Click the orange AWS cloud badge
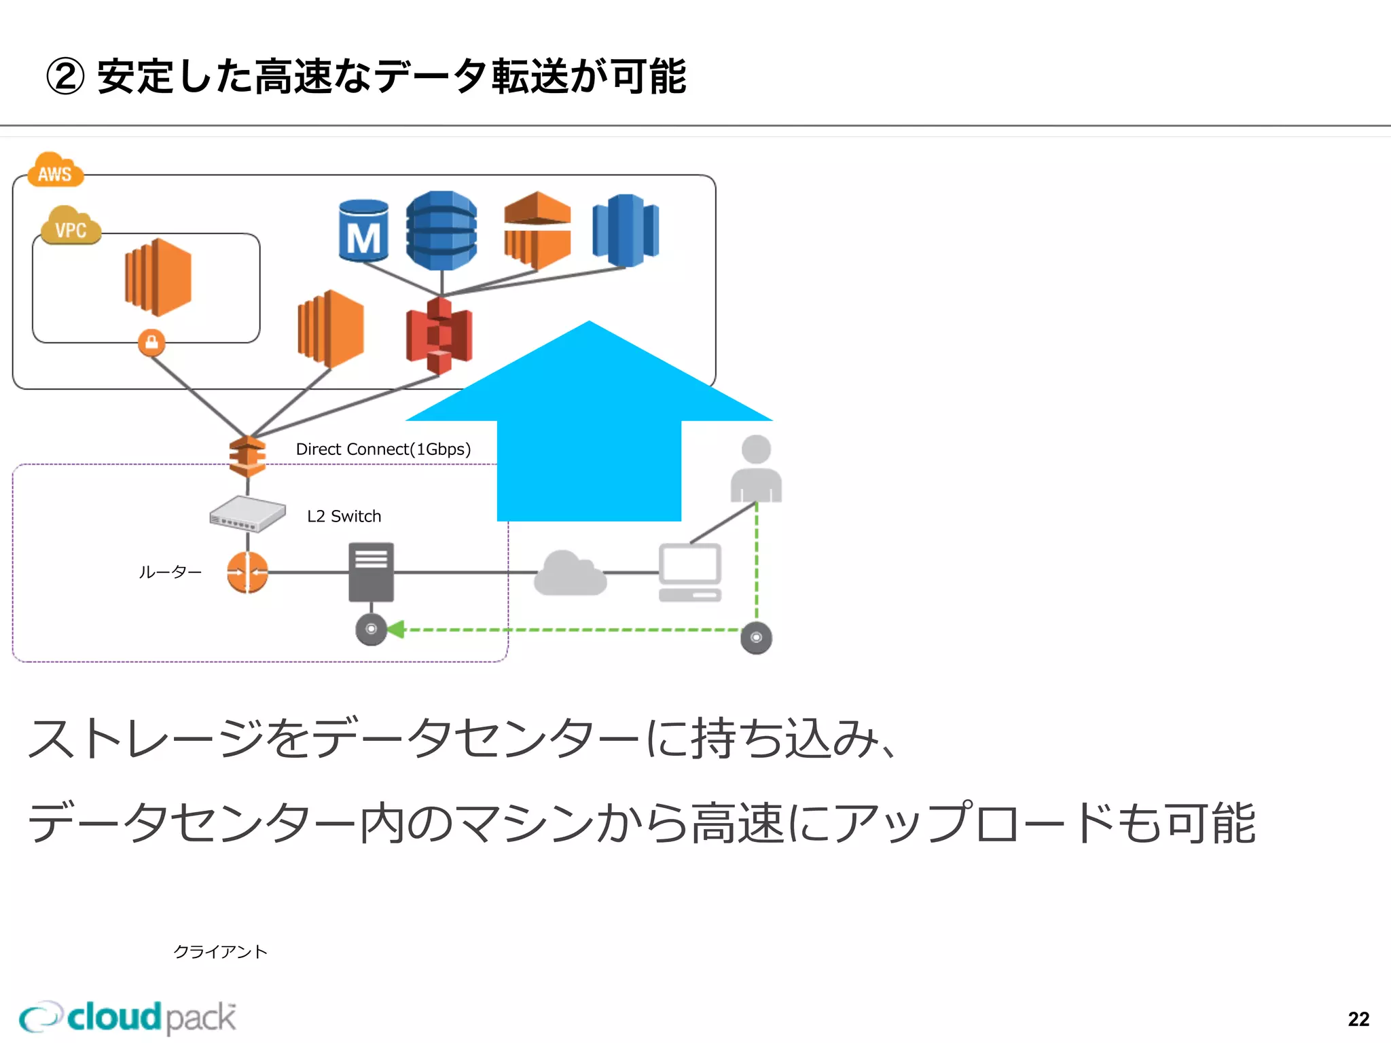point(55,171)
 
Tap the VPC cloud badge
point(71,227)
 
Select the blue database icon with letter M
point(363,232)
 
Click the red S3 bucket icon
point(439,335)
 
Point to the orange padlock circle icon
point(151,342)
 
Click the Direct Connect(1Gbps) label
point(383,450)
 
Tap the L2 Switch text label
point(344,516)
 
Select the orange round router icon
point(247,572)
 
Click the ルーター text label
point(170,572)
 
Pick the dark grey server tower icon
point(371,572)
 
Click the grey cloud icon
point(570,574)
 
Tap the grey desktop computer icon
point(689,572)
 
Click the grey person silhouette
point(756,469)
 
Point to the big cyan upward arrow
point(589,435)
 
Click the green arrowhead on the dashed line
point(396,629)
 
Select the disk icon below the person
point(756,638)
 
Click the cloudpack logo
point(128,1017)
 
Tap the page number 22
point(1358,1019)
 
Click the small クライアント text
point(220,951)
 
